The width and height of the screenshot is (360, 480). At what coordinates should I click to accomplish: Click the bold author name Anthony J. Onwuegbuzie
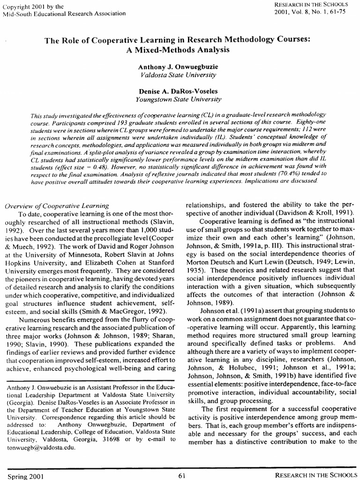(178, 67)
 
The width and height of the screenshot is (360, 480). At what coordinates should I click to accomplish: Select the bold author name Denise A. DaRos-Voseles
(178, 91)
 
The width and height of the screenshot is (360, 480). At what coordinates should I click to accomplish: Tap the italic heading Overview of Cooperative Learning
(57, 206)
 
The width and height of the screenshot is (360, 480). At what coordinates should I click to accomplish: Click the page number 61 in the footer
(182, 475)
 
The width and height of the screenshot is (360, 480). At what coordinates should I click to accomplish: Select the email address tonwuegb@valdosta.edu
(36, 447)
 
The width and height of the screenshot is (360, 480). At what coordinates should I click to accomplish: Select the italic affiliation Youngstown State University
(178, 99)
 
